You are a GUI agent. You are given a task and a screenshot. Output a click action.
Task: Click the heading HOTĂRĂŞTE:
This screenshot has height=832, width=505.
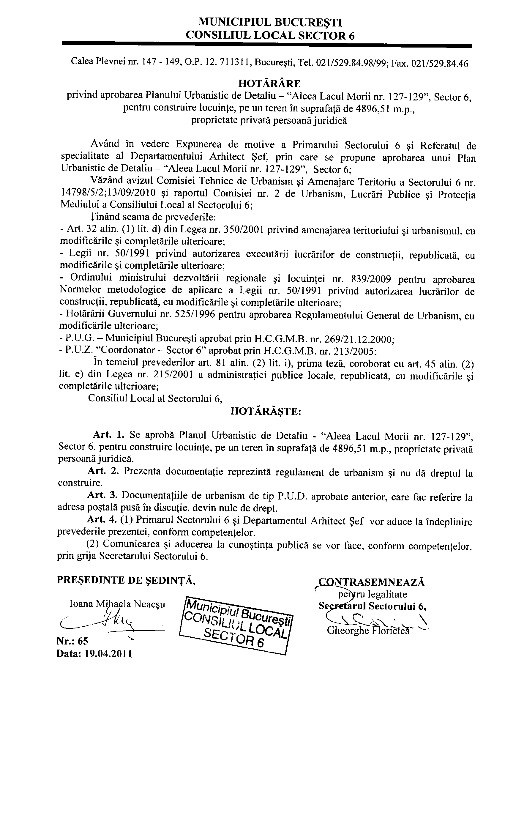pyautogui.click(x=265, y=412)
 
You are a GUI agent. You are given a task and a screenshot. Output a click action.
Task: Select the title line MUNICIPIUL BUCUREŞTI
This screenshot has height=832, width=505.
pyautogui.click(x=270, y=23)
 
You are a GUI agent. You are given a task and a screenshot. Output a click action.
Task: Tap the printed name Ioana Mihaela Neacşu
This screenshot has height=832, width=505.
pyautogui.click(x=117, y=604)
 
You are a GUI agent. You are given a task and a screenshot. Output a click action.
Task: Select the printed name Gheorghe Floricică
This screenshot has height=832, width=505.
pyautogui.click(x=368, y=631)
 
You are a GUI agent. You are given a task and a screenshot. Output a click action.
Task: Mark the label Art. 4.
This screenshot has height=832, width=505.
pyautogui.click(x=102, y=520)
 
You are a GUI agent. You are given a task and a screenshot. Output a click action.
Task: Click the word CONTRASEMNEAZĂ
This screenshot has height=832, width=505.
pyautogui.click(x=371, y=582)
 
